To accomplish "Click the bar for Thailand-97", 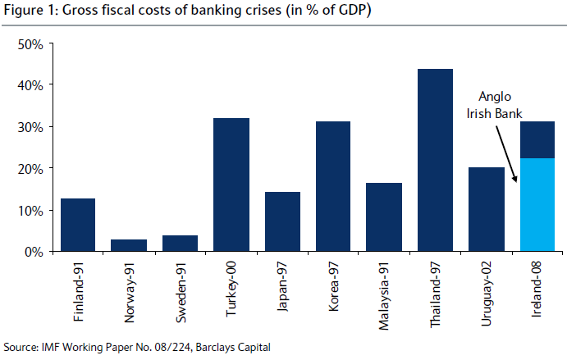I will point(435,160).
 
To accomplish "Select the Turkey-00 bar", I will point(231,185).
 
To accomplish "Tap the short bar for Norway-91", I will point(129,245).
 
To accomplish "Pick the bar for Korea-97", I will point(333,186).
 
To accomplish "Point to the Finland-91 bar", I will point(78,225).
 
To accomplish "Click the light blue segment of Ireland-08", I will point(537,205).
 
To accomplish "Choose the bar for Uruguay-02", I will point(486,209).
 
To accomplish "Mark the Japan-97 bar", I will point(282,221).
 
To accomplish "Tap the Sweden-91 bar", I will point(180,243).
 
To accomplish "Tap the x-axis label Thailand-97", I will point(436,292).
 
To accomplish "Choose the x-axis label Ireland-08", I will point(537,288).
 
